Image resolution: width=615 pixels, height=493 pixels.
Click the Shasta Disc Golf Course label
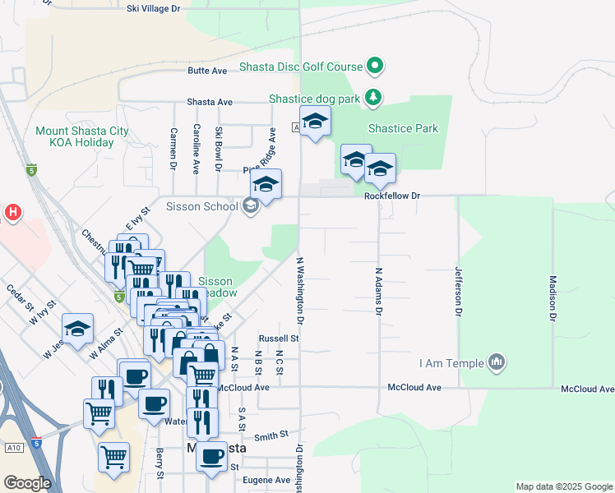pos(301,66)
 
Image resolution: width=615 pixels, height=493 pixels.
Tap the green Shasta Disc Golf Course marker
pos(375,65)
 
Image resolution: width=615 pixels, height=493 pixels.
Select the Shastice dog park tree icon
pos(373,98)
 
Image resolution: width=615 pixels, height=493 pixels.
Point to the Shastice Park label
pos(403,128)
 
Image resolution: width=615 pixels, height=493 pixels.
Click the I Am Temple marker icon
pos(496,362)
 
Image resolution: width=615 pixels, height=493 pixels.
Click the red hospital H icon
pos(12,213)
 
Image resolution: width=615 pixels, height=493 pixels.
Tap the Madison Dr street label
pos(553,297)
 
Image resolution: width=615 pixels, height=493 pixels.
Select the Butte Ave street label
pos(207,71)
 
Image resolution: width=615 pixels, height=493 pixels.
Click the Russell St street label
pos(278,338)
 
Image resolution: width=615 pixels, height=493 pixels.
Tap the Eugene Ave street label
pos(271,480)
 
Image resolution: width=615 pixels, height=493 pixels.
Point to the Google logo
pos(27,483)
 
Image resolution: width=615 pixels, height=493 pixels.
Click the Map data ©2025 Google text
pos(563,486)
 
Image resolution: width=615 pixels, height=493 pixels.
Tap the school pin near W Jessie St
pos(77,329)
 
